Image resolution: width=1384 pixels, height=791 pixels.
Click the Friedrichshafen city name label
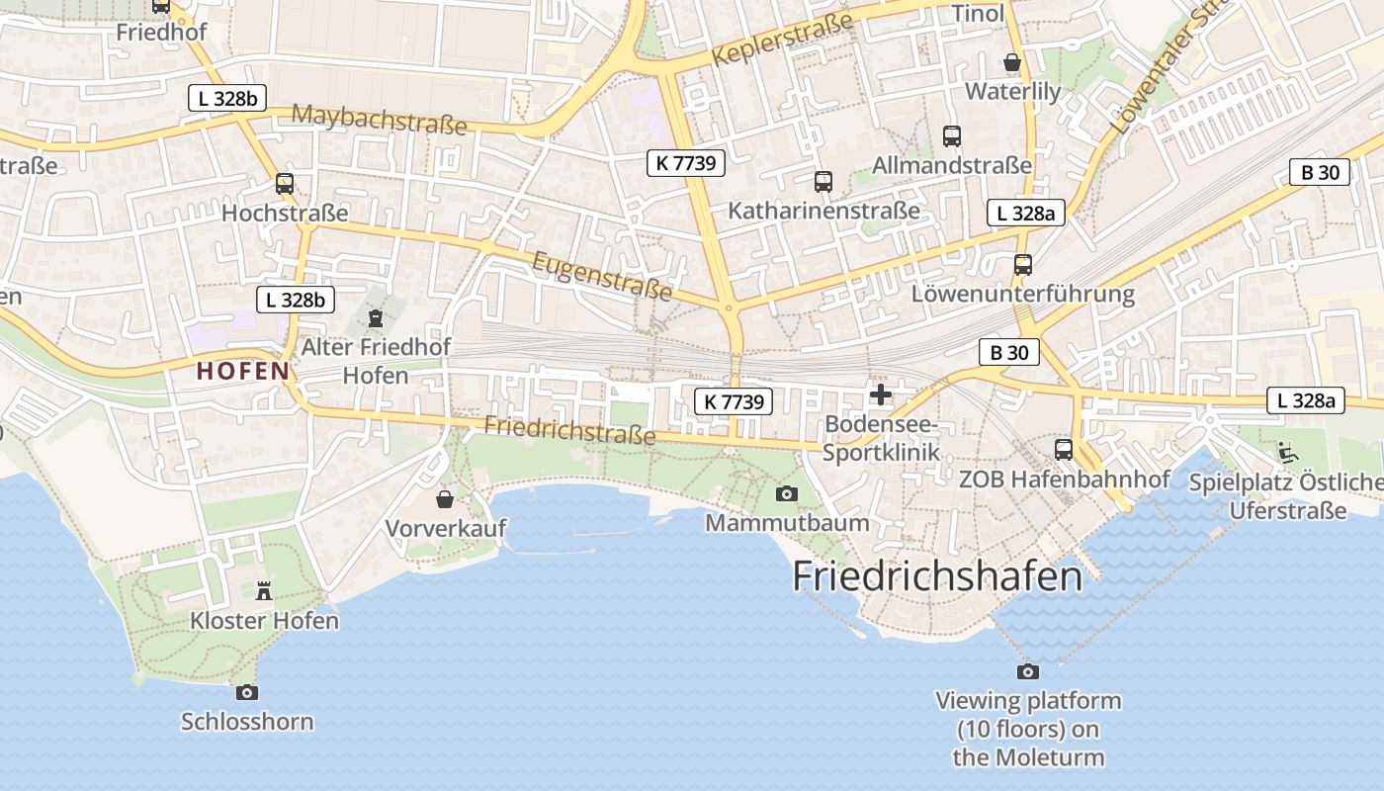[x=937, y=575]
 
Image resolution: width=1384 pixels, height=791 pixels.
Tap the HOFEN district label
[x=243, y=372]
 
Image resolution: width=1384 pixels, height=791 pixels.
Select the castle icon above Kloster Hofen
[x=264, y=591]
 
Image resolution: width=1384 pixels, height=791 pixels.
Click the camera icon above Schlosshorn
[x=247, y=692]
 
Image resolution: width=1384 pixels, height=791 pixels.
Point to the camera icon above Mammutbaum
[x=787, y=493]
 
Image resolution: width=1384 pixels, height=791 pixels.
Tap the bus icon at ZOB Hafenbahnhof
[x=1064, y=450]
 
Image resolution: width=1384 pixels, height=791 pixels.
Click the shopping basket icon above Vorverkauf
[x=445, y=499]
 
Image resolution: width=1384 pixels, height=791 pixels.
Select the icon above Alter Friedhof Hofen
[x=375, y=318]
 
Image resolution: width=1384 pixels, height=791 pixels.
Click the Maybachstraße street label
[x=379, y=119]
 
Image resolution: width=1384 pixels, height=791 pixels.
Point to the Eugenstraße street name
[x=602, y=276]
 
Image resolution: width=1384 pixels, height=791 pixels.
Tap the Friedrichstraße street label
[x=569, y=430]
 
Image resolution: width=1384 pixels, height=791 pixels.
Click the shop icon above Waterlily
[x=1012, y=62]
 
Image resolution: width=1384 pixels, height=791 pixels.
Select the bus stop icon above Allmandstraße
[x=952, y=136]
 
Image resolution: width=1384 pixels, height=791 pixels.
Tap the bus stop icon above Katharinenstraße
[x=823, y=182]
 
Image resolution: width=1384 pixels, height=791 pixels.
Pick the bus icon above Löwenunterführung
[x=1023, y=265]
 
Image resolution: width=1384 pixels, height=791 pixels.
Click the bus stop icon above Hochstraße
[x=285, y=183]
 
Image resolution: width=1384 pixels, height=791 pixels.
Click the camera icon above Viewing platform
[x=1028, y=671]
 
